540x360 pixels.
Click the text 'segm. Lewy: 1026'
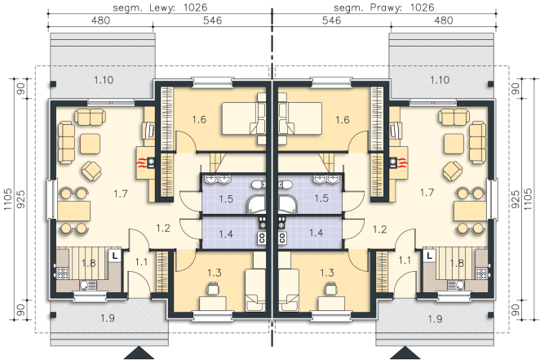[x=160, y=7]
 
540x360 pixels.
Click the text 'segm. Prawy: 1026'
[x=384, y=7]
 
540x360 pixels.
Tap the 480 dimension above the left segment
[x=100, y=20]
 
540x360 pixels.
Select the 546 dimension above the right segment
[x=331, y=20]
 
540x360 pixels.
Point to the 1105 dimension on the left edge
[x=7, y=199]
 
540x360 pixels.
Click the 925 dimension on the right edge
[x=516, y=199]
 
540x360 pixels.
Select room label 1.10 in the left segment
[x=104, y=80]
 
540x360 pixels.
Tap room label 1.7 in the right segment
[x=427, y=193]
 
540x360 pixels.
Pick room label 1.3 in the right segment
[x=327, y=273]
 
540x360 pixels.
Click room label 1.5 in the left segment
[x=226, y=198]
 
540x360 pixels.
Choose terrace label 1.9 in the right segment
[x=435, y=318]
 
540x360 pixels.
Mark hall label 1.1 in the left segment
[x=141, y=262]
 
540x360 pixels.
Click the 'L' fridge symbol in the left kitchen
[x=115, y=256]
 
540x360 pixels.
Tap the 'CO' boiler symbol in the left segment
[x=262, y=238]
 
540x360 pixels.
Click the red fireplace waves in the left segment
[x=142, y=162]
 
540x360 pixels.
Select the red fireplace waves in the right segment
[x=402, y=162]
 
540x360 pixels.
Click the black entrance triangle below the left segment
[x=139, y=353]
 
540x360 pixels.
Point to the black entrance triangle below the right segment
[x=405, y=353]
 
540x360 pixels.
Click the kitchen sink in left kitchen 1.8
[x=88, y=285]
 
